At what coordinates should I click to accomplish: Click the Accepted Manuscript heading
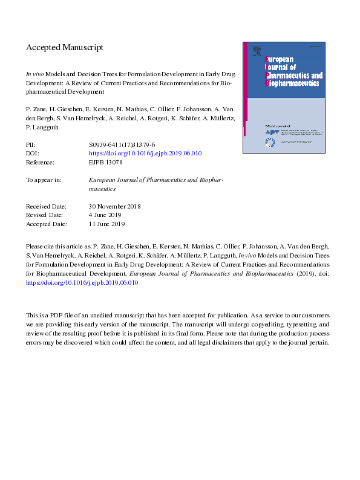point(65,47)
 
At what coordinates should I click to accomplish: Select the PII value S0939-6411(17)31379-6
point(122,145)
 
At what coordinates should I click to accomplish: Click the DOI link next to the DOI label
point(145,154)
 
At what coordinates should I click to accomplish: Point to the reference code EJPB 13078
point(105,163)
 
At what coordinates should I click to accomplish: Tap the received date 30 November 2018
point(114,206)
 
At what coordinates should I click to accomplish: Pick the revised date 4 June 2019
point(105,215)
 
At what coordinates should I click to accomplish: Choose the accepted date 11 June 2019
point(106,224)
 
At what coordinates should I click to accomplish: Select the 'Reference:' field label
point(40,163)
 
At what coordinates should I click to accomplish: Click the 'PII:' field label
point(31,145)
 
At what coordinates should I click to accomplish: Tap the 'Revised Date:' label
point(44,215)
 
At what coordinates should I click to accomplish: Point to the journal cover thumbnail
point(283,97)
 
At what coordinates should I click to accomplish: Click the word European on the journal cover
point(280,59)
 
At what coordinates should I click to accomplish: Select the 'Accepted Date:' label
point(45,224)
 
